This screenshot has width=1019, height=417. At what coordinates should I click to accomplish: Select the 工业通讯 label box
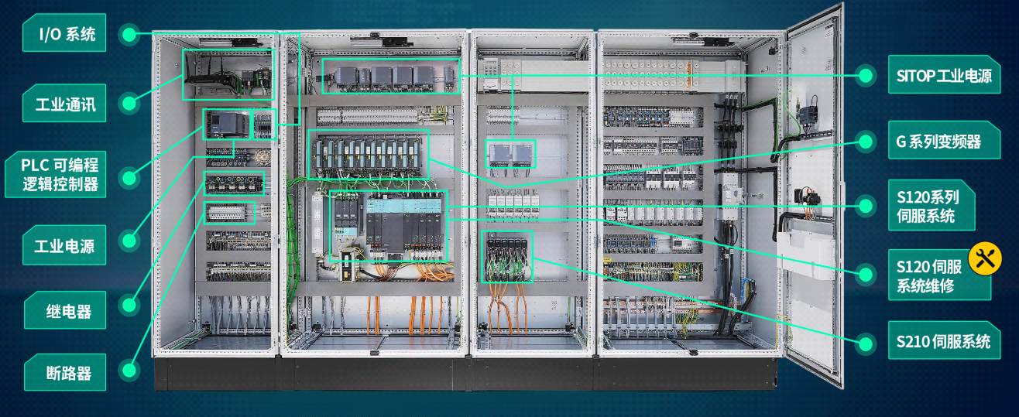64,103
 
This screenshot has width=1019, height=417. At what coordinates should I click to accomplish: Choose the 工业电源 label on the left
64,245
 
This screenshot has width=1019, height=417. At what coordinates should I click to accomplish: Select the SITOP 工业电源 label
945,74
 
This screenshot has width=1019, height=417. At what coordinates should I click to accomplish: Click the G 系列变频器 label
945,140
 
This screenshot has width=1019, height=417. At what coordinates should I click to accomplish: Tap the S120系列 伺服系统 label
932,205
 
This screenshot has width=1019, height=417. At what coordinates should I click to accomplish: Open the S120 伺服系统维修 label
939,275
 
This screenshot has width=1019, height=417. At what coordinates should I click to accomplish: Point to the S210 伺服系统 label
945,340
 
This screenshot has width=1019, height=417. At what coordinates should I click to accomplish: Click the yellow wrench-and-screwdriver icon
985,258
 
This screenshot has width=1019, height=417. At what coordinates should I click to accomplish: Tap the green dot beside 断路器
129,370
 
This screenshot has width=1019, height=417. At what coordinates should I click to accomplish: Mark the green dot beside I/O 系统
129,34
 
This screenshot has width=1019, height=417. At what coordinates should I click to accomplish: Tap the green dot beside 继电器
129,305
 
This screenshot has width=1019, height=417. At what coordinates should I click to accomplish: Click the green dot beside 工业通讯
129,103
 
